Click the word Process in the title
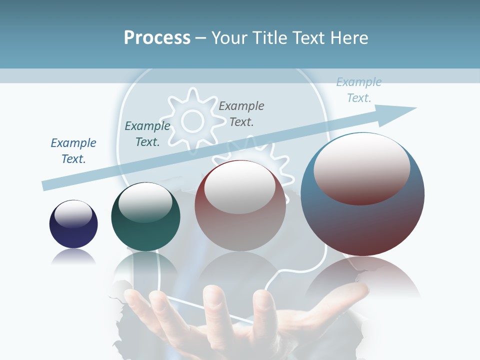pos(157,38)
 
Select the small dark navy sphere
pos(73,224)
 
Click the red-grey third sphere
pos(240,205)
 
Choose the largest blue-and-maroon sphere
pos(362,194)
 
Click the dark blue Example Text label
pos(73,151)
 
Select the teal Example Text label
pos(147,134)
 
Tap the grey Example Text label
pos(241,113)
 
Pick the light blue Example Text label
pos(359,90)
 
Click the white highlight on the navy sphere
pos(73,214)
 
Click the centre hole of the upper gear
pos(192,120)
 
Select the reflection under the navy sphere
pos(73,257)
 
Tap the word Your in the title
pos(229,38)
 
